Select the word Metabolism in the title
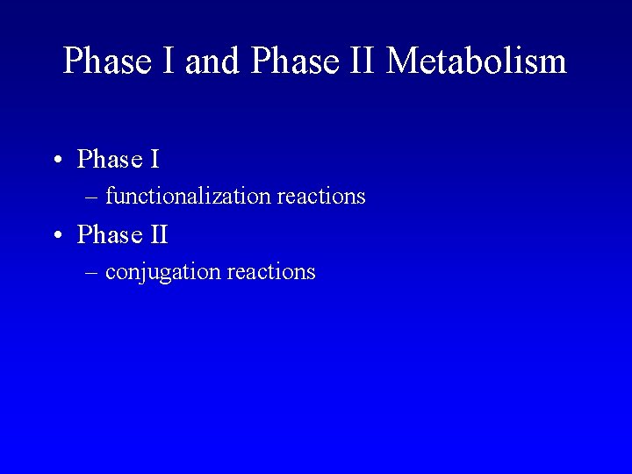pyautogui.click(x=476, y=61)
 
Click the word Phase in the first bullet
pyautogui.click(x=110, y=160)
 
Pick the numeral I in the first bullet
pyautogui.click(x=154, y=160)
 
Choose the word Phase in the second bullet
pyautogui.click(x=110, y=235)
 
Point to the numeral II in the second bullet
pyautogui.click(x=159, y=235)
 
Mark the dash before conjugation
pyautogui.click(x=92, y=273)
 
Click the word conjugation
pyautogui.click(x=162, y=273)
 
